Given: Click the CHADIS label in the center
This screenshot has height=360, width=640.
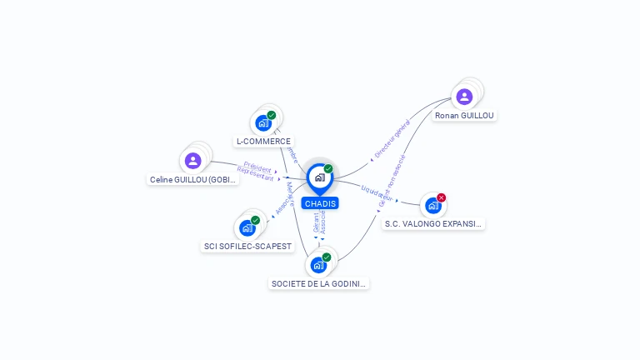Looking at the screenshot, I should coord(320,203).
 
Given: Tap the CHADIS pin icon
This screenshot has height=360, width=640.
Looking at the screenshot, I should coord(320,177).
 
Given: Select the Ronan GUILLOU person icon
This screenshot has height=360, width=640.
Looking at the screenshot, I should coord(465,97).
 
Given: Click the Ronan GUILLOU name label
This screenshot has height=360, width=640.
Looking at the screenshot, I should coord(465,116).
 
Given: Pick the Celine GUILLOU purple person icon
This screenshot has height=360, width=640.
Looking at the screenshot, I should coord(193,160).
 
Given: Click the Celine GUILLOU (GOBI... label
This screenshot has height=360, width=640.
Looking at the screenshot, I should coord(193,179).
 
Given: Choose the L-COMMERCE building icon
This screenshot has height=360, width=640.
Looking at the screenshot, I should coord(263,123).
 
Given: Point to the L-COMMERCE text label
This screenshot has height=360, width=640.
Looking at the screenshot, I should coord(263,142).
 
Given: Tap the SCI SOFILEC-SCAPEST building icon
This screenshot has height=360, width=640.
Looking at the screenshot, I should coord(247,227).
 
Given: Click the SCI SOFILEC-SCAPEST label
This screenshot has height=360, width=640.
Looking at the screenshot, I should coord(248,246).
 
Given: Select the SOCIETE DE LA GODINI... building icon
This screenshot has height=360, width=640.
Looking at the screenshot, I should coord(318,265).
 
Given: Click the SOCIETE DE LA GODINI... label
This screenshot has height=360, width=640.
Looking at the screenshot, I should coord(319,283).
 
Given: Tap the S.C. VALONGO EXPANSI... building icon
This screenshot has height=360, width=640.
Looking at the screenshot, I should coord(432,205).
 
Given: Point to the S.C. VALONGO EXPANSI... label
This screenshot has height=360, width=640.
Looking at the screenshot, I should coord(433,223).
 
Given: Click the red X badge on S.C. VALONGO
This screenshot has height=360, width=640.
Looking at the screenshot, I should coord(442,197).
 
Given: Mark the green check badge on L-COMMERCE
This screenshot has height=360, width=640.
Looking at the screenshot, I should coord(272,115).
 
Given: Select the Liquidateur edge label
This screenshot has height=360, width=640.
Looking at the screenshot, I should coord(377,192).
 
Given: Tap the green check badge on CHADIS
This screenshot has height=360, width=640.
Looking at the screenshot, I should coord(328,169).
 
